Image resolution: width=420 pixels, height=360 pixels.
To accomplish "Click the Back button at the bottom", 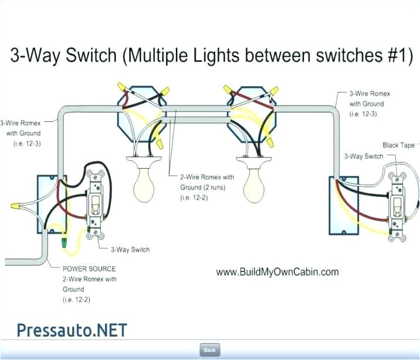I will click(209, 349).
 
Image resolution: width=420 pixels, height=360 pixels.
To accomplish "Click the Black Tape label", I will click(398, 145).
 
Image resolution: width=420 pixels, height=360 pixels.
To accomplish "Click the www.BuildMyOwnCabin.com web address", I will click(277, 272).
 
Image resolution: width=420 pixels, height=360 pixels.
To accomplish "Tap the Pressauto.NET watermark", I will click(72, 330).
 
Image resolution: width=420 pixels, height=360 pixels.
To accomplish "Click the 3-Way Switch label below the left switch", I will click(130, 250).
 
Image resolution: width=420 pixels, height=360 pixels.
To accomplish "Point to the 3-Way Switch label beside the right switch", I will click(363, 156).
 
